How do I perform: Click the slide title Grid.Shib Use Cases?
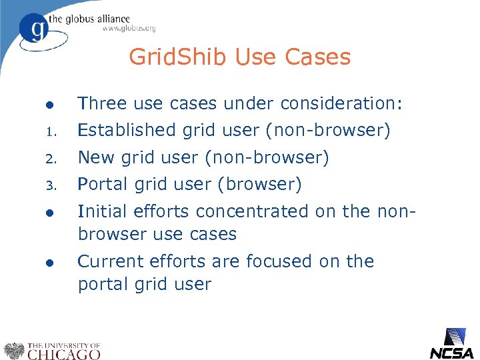[239, 57]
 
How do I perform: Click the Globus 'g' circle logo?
[35, 28]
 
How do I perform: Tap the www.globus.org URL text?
[129, 28]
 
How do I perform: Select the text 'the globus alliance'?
[97, 18]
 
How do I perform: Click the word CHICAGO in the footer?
[64, 354]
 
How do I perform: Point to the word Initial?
[104, 211]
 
